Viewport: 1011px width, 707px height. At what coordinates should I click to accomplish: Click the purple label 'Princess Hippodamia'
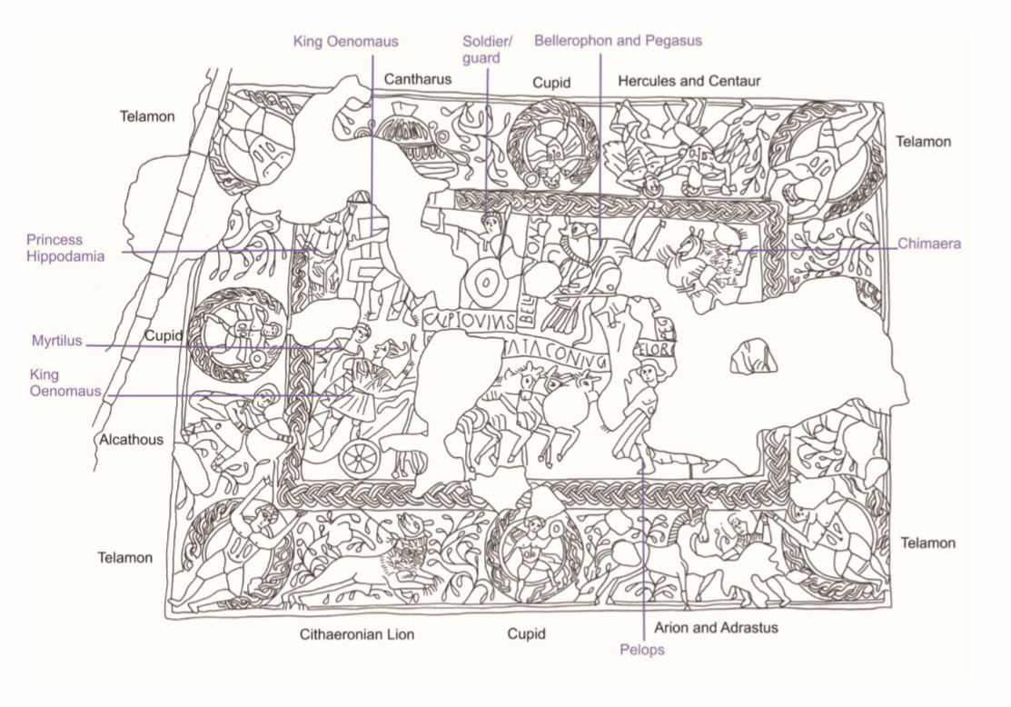point(65,248)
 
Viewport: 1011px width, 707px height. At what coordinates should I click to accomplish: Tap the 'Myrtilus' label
point(55,341)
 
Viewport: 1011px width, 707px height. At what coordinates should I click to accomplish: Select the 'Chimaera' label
point(929,244)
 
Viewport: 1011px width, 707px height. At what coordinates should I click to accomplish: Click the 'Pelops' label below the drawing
point(642,650)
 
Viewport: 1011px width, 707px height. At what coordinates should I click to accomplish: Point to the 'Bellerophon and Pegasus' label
point(618,41)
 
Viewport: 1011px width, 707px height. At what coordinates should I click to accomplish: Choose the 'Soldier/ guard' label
point(488,50)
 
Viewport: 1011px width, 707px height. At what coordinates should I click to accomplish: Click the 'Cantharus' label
point(418,79)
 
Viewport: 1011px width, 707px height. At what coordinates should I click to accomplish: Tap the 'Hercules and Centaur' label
point(689,82)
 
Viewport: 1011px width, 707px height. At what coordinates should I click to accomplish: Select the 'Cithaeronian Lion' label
point(357,634)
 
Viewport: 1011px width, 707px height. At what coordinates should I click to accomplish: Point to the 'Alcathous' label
point(131,440)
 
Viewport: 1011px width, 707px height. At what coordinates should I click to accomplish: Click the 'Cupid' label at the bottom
point(526,634)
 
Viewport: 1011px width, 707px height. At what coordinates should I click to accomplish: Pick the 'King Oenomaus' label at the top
point(345,41)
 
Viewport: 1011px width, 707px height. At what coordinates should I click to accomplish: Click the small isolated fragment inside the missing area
point(753,354)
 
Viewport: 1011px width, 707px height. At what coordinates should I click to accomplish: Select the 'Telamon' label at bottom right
point(927,543)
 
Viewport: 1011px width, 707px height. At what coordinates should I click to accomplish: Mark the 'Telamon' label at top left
point(147,116)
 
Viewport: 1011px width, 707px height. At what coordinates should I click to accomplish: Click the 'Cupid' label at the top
point(551,83)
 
